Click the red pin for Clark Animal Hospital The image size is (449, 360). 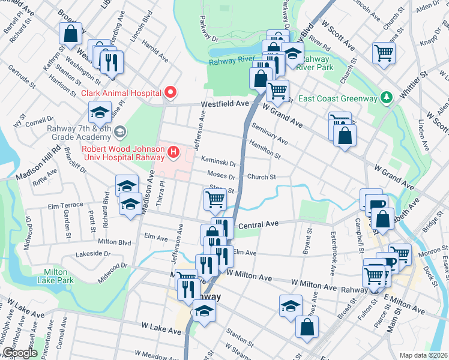click(x=170, y=92)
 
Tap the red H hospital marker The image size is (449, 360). click(x=174, y=152)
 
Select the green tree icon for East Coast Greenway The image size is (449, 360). click(x=388, y=98)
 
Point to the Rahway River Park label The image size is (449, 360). click(x=316, y=62)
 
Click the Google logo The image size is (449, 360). click(x=19, y=353)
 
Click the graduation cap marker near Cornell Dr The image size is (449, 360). click(x=100, y=111)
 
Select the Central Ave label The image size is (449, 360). click(x=259, y=224)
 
